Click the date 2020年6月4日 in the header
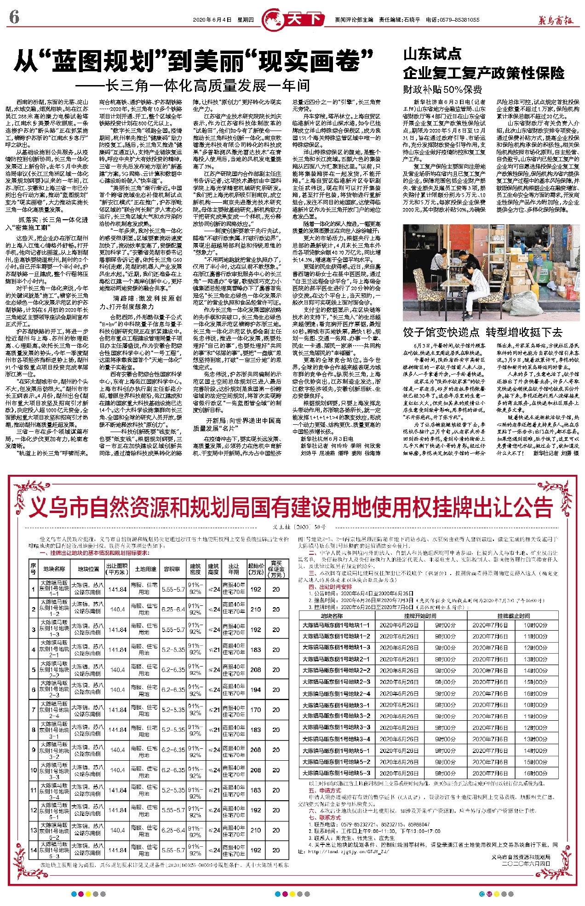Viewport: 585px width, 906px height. point(212,20)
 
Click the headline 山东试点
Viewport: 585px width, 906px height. point(432,55)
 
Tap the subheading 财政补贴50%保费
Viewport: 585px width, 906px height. point(442,89)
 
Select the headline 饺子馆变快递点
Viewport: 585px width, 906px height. point(441,332)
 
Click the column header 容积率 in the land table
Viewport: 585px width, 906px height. point(171,569)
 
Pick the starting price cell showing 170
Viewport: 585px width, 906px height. point(256,709)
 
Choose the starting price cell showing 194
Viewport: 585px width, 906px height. point(256,689)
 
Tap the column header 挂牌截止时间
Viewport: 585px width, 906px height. point(514,615)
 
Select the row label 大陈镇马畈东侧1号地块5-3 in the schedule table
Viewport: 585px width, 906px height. point(336,773)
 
